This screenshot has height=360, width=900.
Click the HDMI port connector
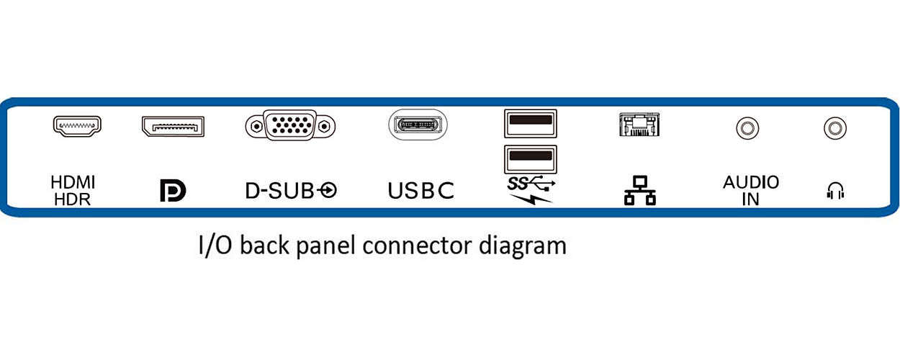pyautogui.click(x=77, y=126)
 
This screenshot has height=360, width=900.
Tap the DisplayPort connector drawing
pyautogui.click(x=173, y=127)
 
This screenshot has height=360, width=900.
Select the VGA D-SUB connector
pyautogui.click(x=290, y=127)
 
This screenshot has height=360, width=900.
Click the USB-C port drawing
pyautogui.click(x=418, y=125)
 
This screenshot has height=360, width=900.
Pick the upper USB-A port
pyautogui.click(x=530, y=123)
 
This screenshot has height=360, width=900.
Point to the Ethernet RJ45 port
pyautogui.click(x=639, y=125)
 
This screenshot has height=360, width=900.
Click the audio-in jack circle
pyautogui.click(x=747, y=129)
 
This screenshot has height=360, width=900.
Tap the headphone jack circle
pyautogui.click(x=834, y=129)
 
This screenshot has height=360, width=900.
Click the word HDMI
pyautogui.click(x=73, y=183)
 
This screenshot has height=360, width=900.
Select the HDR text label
pyautogui.click(x=73, y=199)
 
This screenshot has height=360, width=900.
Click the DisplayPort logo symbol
pyautogui.click(x=173, y=191)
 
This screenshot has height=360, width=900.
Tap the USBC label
pyautogui.click(x=421, y=191)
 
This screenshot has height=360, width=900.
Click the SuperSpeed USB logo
pyautogui.click(x=531, y=183)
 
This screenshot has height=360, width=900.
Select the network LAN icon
pyautogui.click(x=639, y=191)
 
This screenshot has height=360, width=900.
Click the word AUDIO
pyautogui.click(x=751, y=182)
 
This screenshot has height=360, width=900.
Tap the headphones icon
pyautogui.click(x=835, y=191)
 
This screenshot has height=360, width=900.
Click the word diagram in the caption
pyautogui.click(x=523, y=246)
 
